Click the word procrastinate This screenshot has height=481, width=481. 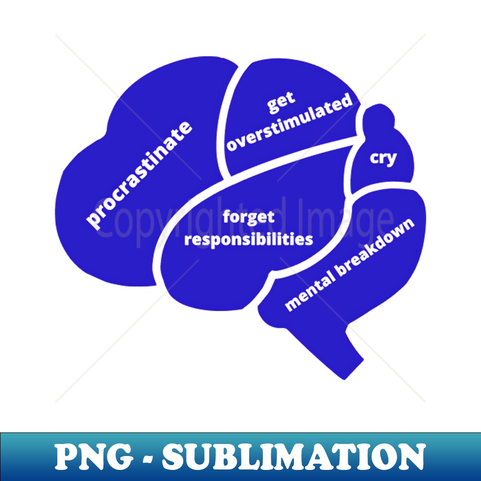(139, 175)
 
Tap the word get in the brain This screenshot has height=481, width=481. (281, 102)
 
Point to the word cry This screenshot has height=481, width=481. (383, 159)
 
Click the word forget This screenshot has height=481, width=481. (249, 217)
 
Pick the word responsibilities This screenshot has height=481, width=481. (249, 239)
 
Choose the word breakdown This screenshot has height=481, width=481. (375, 247)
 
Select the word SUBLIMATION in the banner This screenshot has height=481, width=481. (294, 458)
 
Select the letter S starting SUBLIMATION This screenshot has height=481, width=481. (174, 458)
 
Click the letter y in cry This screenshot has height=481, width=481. (391, 160)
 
